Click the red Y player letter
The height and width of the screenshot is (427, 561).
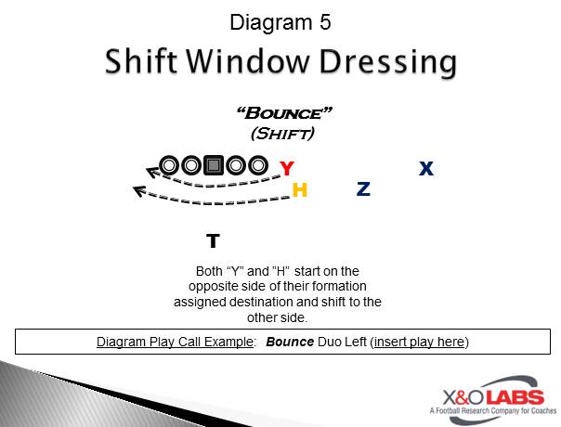(287, 168)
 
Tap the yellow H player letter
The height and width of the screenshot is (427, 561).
(300, 189)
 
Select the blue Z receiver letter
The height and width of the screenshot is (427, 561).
(363, 188)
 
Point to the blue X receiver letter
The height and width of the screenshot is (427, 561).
(426, 168)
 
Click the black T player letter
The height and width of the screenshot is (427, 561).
(213, 240)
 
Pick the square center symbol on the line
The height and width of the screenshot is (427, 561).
(214, 165)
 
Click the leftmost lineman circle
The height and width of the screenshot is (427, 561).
(170, 165)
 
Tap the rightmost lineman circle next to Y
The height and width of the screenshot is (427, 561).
(257, 165)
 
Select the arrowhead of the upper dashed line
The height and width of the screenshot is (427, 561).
(152, 172)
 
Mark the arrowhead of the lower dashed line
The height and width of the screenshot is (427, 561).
(139, 191)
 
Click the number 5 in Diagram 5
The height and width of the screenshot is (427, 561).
(325, 22)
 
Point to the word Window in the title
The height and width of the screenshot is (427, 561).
(247, 61)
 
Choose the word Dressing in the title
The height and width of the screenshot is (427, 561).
(388, 62)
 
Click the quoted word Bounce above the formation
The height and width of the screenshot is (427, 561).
(284, 113)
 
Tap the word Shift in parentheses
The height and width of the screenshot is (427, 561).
(282, 134)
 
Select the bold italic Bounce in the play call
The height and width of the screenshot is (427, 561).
(290, 342)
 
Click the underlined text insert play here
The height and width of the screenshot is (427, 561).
(419, 342)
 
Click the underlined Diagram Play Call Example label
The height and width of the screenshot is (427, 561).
(175, 342)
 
